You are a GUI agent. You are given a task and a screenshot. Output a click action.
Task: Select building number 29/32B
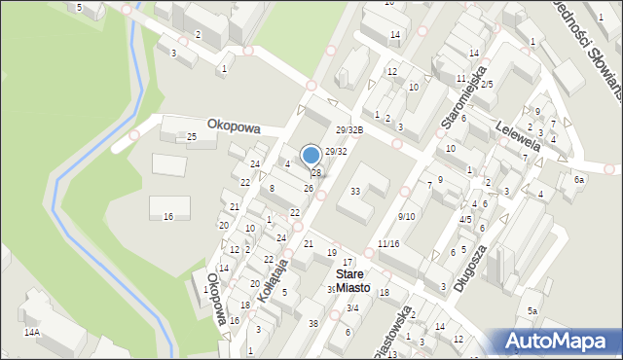coord(348,130)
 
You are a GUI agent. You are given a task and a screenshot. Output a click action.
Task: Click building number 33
coord(355,191)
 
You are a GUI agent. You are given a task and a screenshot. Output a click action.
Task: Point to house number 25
coord(192,137)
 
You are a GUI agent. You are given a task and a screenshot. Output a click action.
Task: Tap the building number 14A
coord(32,332)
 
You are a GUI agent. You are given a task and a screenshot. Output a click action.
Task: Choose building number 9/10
coord(407,216)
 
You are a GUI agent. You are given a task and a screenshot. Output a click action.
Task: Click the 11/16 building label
coord(387,243)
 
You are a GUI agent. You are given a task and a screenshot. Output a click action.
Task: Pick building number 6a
coord(579,180)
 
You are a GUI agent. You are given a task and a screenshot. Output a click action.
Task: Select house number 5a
coord(532,310)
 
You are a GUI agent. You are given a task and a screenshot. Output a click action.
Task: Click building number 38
coord(312,323)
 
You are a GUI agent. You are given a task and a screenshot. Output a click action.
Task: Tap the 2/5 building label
coord(487,85)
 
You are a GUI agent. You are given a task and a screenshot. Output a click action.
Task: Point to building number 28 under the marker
coord(316,173)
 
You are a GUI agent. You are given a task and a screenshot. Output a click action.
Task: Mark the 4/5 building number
coord(465,220)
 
